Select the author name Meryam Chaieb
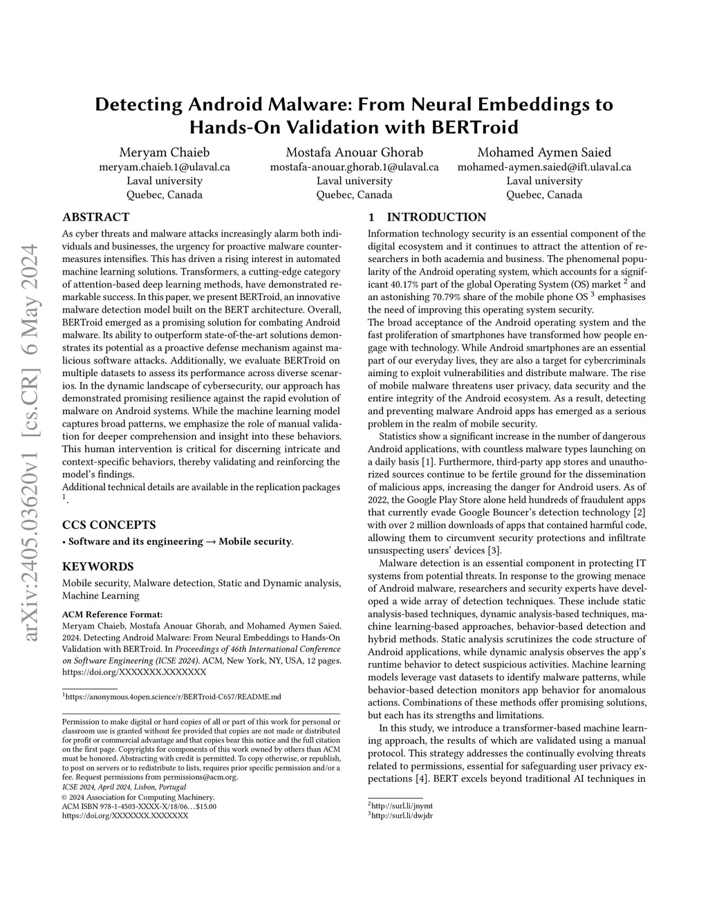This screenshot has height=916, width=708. point(165,152)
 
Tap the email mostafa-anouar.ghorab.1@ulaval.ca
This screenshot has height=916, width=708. point(354,167)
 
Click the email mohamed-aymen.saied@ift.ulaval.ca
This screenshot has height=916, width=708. point(544,167)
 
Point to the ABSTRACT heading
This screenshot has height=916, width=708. point(95,217)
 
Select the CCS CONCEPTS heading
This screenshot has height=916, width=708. point(109,525)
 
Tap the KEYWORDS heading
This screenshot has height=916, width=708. point(97,566)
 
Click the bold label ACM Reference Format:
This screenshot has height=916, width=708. point(113,614)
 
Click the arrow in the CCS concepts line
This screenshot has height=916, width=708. point(210,541)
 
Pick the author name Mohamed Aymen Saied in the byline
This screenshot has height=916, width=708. point(544,152)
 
